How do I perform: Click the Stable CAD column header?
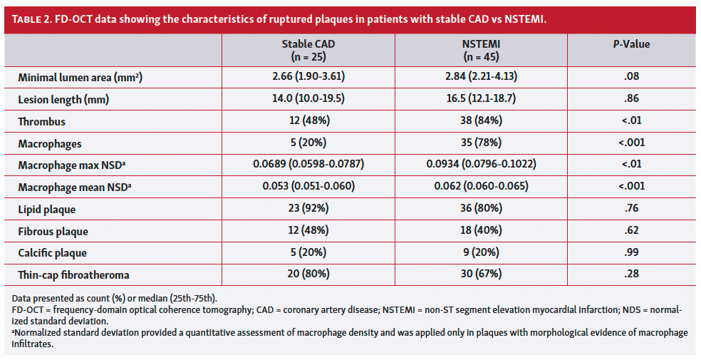(x=308, y=49)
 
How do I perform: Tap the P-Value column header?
(x=631, y=44)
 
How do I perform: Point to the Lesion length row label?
(x=63, y=100)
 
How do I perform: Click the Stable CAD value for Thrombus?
(x=308, y=122)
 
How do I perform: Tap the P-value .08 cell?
(x=631, y=77)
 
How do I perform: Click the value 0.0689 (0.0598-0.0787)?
(x=308, y=165)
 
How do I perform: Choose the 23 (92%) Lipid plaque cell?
(x=308, y=209)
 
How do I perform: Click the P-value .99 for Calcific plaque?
(x=631, y=252)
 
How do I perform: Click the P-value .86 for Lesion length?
(x=631, y=100)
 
